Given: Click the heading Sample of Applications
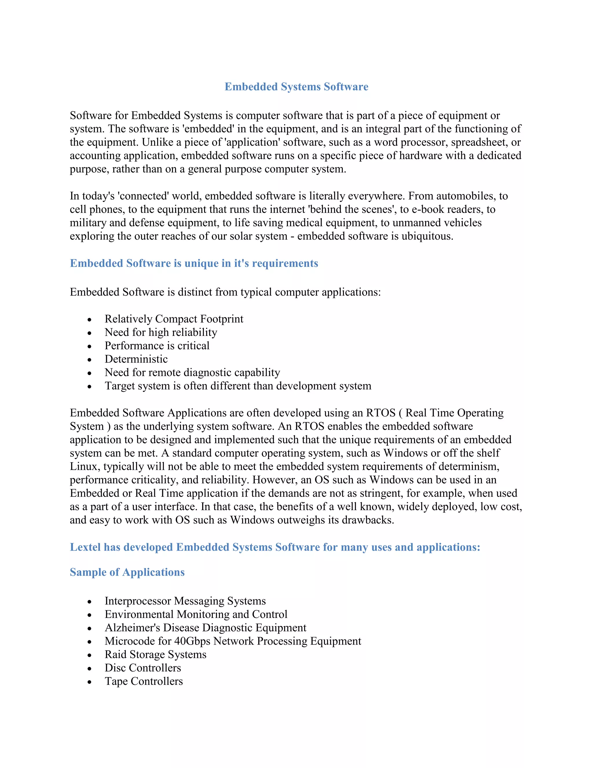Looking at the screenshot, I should tap(127, 572).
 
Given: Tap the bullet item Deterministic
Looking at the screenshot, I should tap(136, 359).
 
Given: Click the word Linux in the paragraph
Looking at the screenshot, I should tap(83, 467).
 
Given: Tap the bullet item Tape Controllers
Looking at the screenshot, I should tap(143, 681).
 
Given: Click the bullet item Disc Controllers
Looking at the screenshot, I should tap(143, 668).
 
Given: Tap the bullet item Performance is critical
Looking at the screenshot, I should tap(157, 346).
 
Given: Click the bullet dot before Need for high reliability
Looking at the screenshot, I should tap(89, 333).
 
